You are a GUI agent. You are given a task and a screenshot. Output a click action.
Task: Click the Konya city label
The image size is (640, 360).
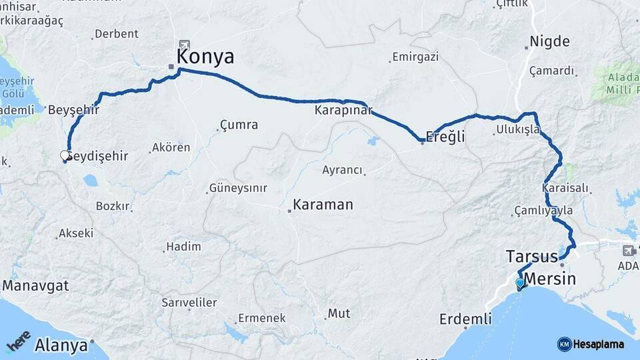(205, 57)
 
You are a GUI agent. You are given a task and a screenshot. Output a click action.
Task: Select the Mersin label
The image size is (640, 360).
(550, 279)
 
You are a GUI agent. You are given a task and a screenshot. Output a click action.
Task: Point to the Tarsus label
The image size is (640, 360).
(531, 257)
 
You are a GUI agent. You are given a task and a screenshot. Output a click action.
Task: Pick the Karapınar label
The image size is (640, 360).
(343, 111)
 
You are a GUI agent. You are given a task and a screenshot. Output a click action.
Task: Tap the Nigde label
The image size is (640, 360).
(549, 42)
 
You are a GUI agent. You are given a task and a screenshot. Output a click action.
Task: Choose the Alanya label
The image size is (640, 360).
(61, 345)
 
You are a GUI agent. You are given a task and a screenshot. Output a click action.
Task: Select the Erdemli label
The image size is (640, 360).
(465, 319)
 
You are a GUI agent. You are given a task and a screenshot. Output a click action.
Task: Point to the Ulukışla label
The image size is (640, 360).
(518, 129)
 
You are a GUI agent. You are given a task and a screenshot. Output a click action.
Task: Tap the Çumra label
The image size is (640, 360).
(239, 125)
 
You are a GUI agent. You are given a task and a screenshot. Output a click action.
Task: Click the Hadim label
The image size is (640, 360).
(183, 247)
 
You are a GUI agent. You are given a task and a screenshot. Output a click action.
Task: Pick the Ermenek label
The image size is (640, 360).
(262, 318)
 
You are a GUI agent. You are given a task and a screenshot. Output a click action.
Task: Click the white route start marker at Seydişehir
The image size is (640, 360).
(65, 155)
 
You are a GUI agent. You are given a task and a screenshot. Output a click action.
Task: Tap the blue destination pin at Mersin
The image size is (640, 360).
(520, 283)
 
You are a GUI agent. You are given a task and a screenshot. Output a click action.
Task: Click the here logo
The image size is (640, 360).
(18, 341)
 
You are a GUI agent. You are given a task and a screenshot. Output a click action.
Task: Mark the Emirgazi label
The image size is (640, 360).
(415, 57)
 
